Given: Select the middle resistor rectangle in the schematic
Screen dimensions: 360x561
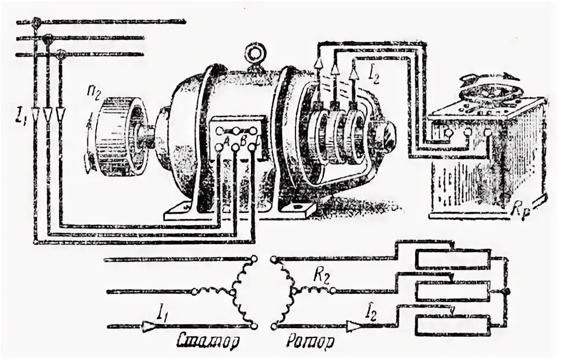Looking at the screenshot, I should point(452,291).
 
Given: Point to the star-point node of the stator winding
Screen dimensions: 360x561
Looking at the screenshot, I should point(233,291).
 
